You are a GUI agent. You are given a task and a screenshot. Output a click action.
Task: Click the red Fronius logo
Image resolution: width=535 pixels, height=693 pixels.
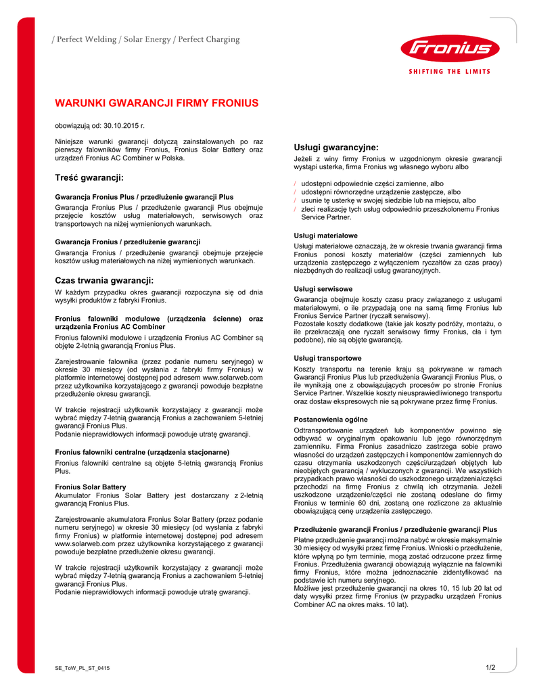point(450,48)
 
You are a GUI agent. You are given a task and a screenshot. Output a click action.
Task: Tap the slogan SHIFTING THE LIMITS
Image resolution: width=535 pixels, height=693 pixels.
point(450,71)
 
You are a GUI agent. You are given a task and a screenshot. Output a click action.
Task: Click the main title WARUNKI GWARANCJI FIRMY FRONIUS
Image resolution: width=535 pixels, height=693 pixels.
point(156,104)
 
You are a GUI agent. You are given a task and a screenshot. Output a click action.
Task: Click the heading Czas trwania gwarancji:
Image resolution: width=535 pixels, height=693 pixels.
point(104,280)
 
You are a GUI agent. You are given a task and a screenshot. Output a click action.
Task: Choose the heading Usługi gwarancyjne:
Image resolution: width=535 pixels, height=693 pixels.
point(336,147)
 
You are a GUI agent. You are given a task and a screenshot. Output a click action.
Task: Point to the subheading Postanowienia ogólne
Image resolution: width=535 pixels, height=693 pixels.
point(331,420)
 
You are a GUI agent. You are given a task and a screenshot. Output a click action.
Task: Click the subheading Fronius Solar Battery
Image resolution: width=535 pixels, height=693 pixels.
point(91,487)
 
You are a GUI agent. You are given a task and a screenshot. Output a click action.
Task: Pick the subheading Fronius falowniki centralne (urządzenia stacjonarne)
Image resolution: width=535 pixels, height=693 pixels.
point(142,451)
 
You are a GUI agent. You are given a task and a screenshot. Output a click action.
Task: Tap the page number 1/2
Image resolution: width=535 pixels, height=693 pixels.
point(490,668)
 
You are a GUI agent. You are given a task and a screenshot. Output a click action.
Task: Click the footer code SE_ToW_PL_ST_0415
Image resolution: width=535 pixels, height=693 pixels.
point(83,668)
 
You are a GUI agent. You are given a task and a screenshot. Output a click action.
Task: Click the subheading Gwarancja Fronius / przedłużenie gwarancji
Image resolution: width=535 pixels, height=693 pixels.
point(128,242)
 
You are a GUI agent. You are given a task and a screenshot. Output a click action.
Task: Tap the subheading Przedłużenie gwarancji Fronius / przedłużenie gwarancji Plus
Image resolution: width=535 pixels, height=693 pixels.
point(396,529)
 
